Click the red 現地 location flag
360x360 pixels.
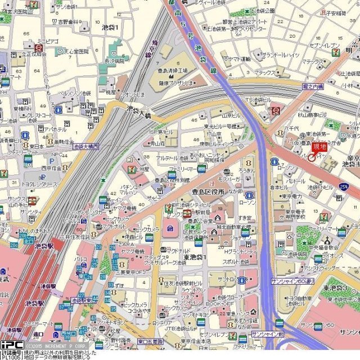[x=319, y=147]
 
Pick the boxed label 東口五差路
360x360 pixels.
[x=150, y=341]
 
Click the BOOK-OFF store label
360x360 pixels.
[x=220, y=304]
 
